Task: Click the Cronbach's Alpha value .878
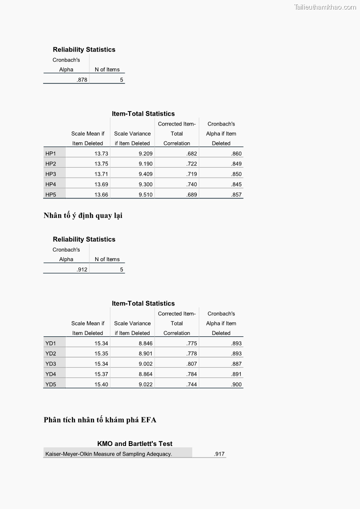[x=82, y=80]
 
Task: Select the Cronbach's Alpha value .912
[x=82, y=270]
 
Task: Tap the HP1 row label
[x=50, y=154]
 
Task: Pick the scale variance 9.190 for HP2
[x=146, y=164]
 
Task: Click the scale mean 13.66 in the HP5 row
[x=101, y=195]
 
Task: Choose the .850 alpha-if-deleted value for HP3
[x=236, y=174]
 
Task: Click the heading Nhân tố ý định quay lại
[x=83, y=215]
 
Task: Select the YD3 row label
[x=51, y=364]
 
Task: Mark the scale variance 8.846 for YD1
[x=146, y=344]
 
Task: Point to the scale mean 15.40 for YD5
[x=101, y=384]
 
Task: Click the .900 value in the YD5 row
[x=236, y=384]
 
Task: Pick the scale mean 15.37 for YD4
[x=101, y=374]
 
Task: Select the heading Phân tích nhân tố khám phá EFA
[x=100, y=420]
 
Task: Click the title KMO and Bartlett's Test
[x=135, y=444]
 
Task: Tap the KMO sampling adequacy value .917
[x=219, y=454]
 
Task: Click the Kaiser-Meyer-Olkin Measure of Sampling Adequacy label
[x=109, y=454]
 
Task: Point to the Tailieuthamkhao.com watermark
[x=325, y=7]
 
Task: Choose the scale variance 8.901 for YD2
[x=146, y=354]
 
